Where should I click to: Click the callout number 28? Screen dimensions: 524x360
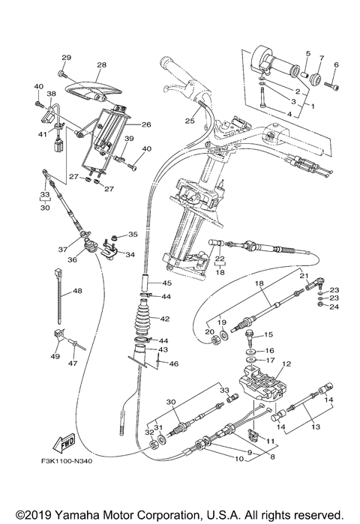[x=101, y=65]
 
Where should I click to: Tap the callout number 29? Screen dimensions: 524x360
[x=65, y=58]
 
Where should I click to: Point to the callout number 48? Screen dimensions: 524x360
[x=77, y=291]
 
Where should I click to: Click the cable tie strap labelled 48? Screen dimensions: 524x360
[x=58, y=289]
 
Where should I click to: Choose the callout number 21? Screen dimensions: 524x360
[x=305, y=276]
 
